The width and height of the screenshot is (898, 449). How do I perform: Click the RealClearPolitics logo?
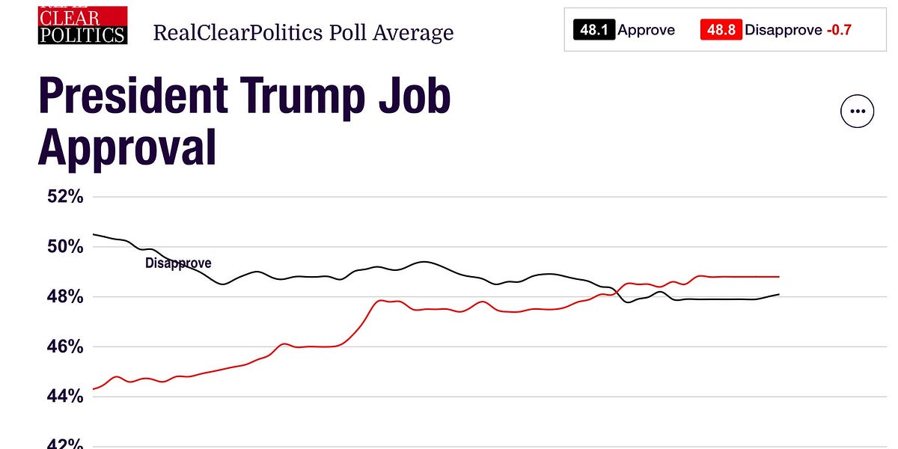(x=82, y=25)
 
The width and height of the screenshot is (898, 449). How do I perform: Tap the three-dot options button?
(x=857, y=112)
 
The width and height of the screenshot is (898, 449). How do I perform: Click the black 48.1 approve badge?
(x=594, y=30)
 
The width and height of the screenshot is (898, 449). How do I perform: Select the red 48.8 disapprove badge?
(x=720, y=30)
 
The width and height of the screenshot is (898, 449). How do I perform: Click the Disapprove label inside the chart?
(x=178, y=263)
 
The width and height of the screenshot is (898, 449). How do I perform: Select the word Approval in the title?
(x=127, y=147)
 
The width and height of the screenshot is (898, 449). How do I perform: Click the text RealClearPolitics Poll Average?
(x=303, y=33)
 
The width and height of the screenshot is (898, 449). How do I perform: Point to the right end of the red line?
(x=779, y=276)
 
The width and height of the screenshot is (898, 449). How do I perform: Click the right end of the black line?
(x=779, y=294)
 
